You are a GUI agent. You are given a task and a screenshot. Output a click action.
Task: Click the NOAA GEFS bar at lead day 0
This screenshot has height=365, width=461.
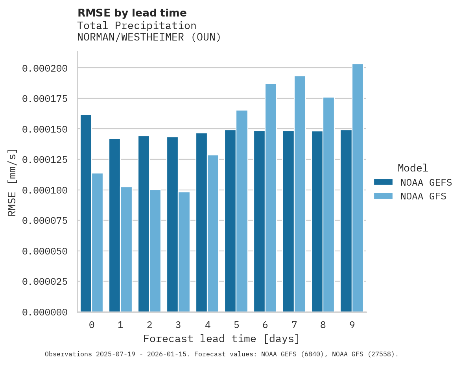coord(86,213)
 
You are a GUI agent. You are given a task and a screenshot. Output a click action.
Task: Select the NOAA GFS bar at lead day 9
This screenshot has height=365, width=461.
coord(358,188)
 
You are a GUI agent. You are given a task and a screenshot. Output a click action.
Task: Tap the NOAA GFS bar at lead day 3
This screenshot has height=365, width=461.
coord(184,252)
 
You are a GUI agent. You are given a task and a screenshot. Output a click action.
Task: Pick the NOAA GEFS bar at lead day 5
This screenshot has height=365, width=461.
coord(230,221)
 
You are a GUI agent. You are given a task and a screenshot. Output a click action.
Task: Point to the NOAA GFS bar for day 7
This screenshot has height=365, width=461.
coord(300,194)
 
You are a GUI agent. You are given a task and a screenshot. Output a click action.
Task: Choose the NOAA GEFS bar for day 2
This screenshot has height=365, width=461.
coord(144,224)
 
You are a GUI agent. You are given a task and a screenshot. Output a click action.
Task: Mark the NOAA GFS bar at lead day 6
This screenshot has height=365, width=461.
coord(271,198)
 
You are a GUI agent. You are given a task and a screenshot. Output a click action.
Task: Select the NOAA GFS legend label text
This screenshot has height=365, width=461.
coord(423,196)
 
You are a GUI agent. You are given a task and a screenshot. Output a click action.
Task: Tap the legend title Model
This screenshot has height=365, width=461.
coord(413,168)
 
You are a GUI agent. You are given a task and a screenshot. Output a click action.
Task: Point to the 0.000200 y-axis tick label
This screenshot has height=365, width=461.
coord(45,68)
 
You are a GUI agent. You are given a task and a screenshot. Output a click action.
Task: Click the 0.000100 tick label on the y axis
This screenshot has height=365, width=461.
coord(45,190)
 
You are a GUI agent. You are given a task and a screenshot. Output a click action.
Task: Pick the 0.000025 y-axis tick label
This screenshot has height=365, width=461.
coord(45,282)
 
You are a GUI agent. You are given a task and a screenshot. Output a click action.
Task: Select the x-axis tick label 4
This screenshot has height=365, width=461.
coord(207,325)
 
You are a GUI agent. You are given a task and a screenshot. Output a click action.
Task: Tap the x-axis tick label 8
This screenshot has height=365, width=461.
coord(323,325)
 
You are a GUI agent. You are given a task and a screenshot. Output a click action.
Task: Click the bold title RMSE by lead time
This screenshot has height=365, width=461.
coord(132,13)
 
